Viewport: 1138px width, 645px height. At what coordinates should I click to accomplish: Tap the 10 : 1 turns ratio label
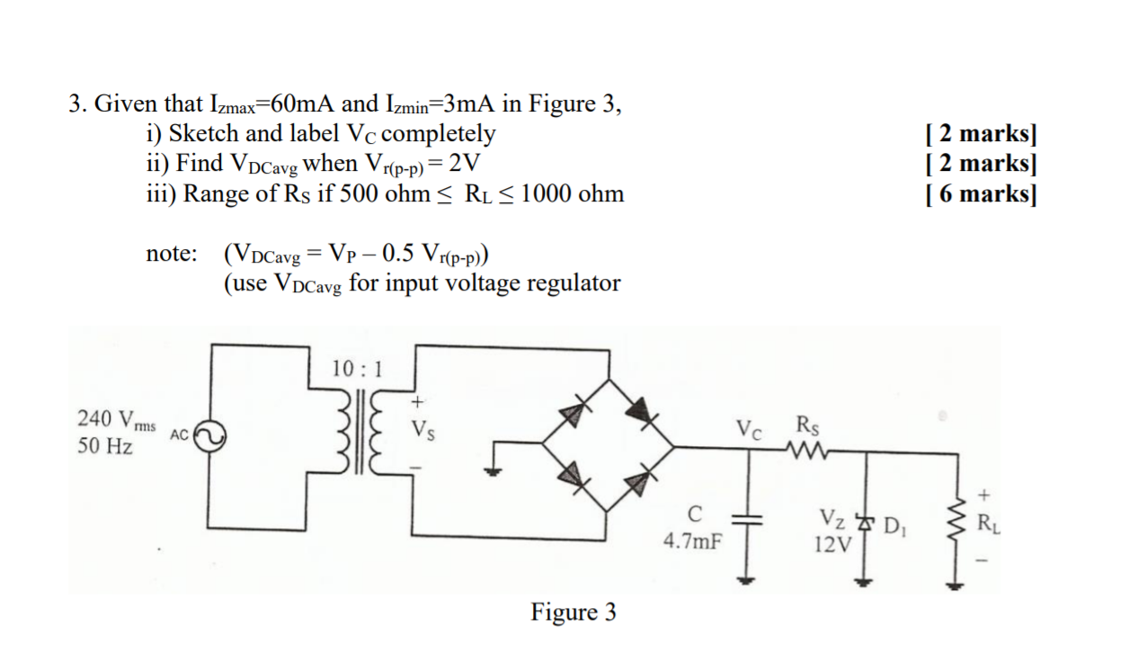point(357,369)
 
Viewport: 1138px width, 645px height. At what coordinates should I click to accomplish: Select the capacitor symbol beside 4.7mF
point(745,519)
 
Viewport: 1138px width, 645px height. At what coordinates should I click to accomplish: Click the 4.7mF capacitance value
point(693,542)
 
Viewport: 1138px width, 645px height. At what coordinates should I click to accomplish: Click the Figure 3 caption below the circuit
point(573,613)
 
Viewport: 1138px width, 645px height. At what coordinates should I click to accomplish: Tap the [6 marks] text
point(981,193)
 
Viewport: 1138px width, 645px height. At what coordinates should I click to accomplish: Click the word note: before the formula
point(171,254)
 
